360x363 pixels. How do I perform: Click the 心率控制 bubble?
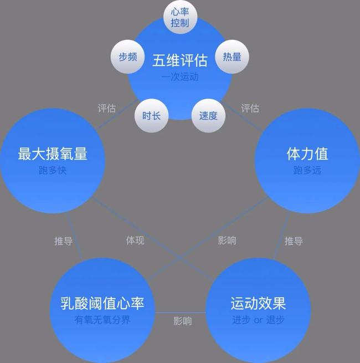click(x=180, y=17)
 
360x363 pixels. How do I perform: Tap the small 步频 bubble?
click(x=128, y=57)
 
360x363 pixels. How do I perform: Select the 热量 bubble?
click(x=232, y=57)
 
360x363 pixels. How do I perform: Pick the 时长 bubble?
click(x=152, y=115)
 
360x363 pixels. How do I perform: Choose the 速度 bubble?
click(x=208, y=115)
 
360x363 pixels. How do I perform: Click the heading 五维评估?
click(x=180, y=60)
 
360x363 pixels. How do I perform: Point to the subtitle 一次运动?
click(x=180, y=77)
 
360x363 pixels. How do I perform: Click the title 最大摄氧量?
click(x=53, y=154)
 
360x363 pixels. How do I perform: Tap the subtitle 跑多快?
click(x=53, y=170)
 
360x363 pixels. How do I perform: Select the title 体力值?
click(x=307, y=154)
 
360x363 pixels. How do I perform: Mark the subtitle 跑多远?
click(x=307, y=170)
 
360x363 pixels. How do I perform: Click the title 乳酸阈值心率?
click(x=102, y=303)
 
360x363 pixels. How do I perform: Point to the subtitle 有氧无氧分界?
click(x=102, y=320)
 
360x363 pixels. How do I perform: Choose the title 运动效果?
click(x=258, y=303)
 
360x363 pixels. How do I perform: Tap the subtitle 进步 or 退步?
click(x=258, y=320)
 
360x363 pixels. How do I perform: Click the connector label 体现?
click(x=135, y=241)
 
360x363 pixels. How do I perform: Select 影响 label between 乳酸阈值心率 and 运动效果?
click(x=183, y=321)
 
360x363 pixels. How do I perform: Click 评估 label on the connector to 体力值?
click(x=250, y=108)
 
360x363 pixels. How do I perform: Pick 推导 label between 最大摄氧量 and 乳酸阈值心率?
click(x=63, y=241)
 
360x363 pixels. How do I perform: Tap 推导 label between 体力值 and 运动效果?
click(x=294, y=241)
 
